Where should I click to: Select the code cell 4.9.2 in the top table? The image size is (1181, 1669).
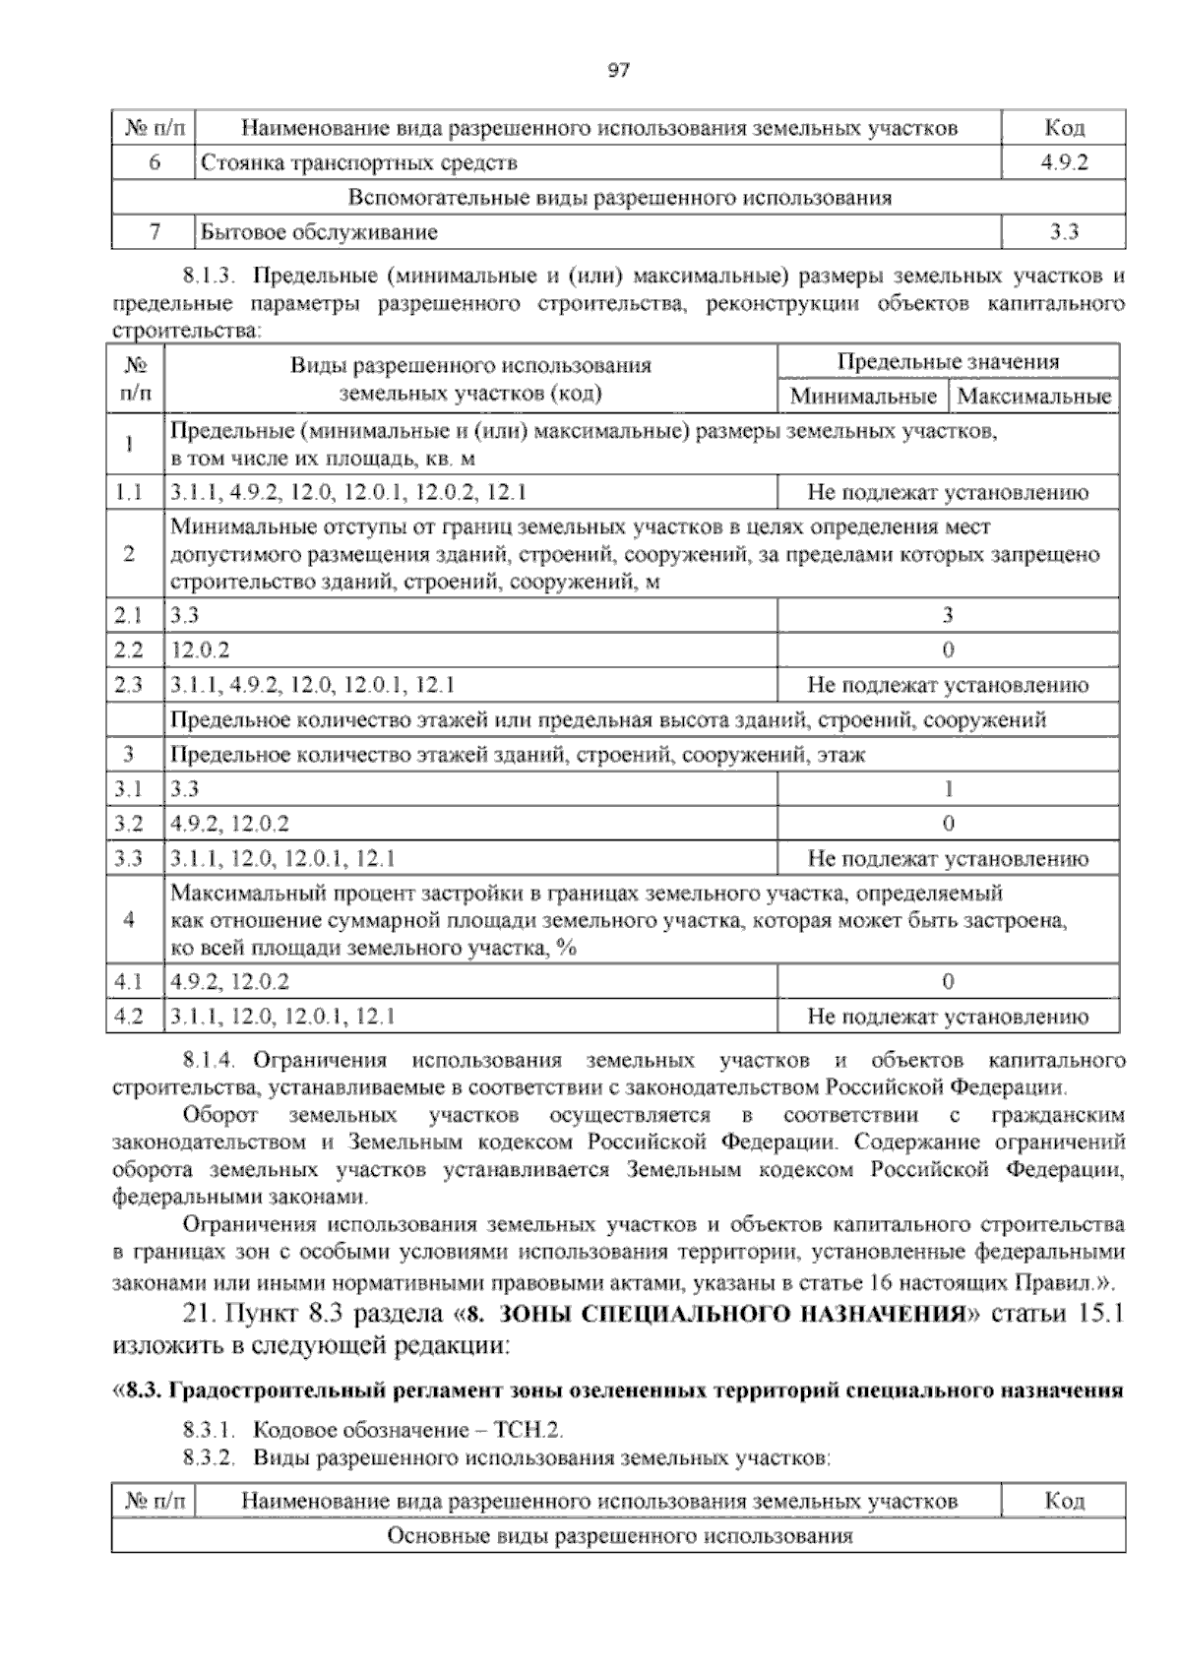coord(1064,162)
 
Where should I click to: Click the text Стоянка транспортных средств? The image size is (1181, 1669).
coord(358,162)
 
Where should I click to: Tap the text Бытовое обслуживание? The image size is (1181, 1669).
coord(319,232)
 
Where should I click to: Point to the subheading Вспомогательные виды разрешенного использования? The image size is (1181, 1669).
coord(619,198)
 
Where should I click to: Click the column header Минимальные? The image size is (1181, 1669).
coord(862,397)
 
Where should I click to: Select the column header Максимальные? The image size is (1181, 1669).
coord(1033,397)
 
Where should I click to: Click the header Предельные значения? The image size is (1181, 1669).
coord(948,361)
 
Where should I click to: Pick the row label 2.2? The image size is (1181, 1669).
coord(129,650)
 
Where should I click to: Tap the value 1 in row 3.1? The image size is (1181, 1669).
coord(948,789)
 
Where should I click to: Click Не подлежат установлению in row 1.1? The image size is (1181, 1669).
coord(948,493)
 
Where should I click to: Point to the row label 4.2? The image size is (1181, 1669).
coord(129,1017)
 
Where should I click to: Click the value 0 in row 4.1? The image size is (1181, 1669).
coord(948,981)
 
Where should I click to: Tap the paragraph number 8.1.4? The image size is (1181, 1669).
coord(212,1061)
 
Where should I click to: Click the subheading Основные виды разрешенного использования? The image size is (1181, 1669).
coord(619,1536)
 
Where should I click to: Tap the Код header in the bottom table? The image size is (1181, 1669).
coord(1064,1501)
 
